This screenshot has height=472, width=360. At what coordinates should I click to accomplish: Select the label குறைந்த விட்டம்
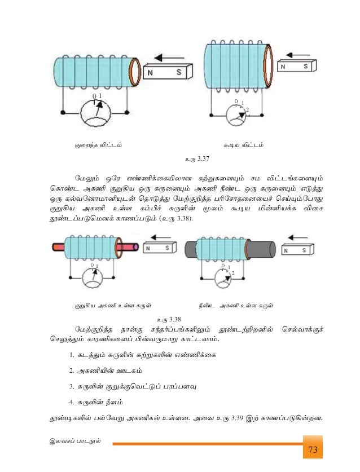click(99, 145)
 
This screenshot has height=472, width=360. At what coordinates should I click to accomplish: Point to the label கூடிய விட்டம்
click(243, 145)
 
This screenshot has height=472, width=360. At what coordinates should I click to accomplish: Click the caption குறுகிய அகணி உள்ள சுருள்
click(113, 306)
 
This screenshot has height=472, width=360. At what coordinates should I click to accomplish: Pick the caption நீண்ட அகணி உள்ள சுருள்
click(236, 306)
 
